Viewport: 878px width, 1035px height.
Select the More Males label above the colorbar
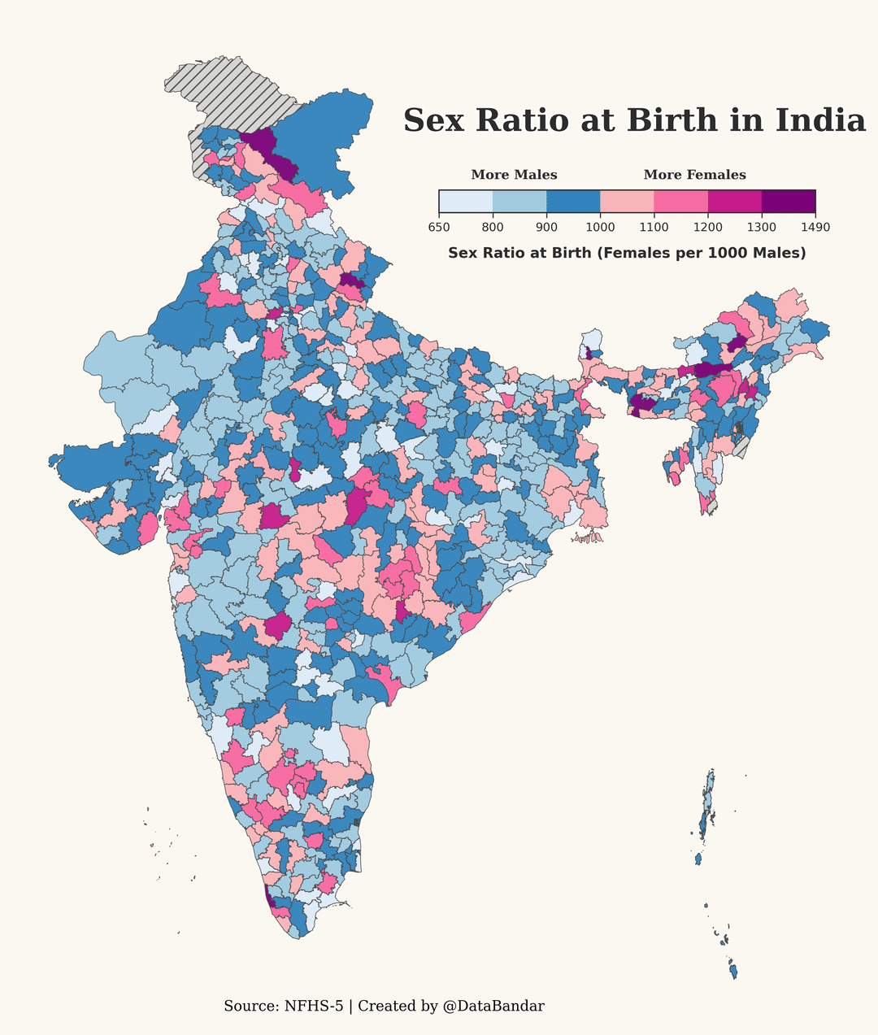point(514,175)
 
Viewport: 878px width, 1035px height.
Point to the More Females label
point(695,175)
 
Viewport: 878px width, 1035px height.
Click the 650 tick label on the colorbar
point(439,228)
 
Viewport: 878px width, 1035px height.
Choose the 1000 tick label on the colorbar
point(600,228)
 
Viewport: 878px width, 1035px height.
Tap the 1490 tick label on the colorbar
point(815,228)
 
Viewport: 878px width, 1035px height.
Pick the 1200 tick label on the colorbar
point(708,228)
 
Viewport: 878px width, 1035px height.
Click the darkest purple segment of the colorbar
point(789,202)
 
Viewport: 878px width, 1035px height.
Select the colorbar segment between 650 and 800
point(466,202)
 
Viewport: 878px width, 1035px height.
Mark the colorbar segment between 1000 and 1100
point(628,202)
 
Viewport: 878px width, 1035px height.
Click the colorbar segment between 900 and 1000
point(573,202)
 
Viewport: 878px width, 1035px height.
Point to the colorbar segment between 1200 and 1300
point(735,202)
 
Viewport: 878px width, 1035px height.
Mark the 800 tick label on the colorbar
point(493,228)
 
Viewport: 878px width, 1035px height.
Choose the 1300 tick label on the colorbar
point(762,228)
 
